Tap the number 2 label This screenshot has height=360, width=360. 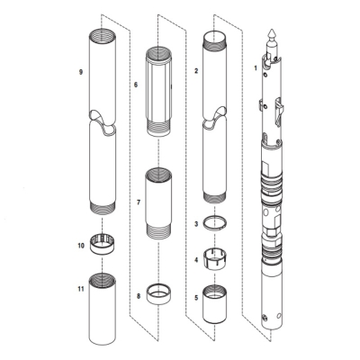[197, 68]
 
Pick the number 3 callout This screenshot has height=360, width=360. [197, 222]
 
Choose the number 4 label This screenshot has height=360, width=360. [197, 260]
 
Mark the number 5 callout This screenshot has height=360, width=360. [197, 297]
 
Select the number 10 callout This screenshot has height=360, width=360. [80, 244]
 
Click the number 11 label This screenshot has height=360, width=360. [80, 290]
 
